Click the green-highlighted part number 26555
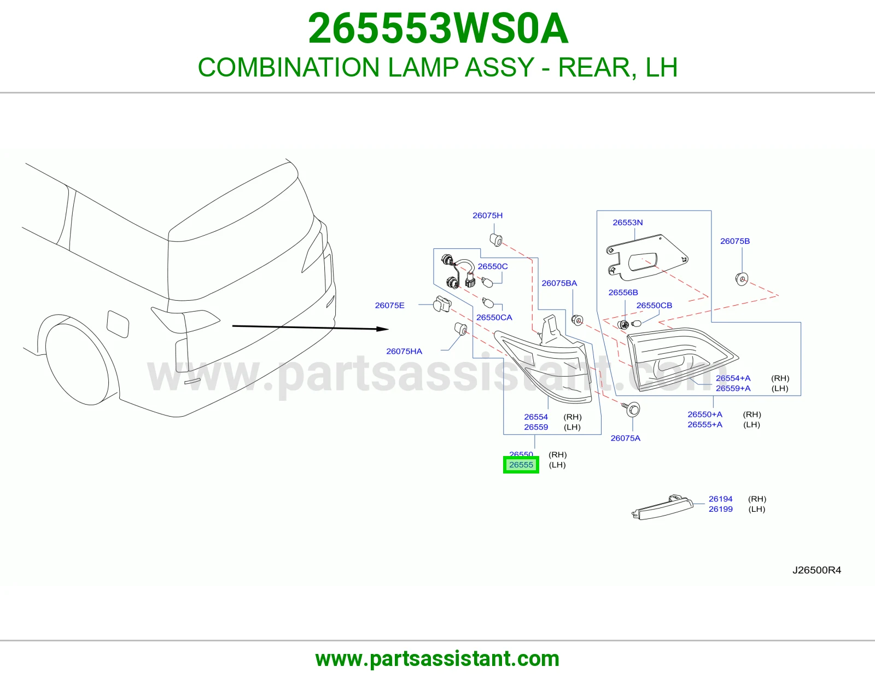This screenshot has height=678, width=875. coord(521,465)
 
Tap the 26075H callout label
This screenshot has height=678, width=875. coord(487,215)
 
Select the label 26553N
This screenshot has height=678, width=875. coord(627,222)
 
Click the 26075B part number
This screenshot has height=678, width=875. coord(735,241)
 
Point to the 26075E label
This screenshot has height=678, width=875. coord(389,305)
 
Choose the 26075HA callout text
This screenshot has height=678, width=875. coord(404,351)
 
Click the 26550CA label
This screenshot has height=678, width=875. coord(494,317)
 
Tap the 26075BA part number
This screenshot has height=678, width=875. coord(559,283)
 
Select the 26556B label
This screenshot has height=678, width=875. coord(623,293)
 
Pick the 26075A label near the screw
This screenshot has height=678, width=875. coord(625,438)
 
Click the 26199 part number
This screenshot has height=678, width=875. coord(720,509)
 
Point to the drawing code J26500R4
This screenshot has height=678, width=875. coord(816,570)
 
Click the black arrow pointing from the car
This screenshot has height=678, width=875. coord(311,328)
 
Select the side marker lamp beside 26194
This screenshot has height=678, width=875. coord(662,507)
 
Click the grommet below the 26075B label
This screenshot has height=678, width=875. coord(742,279)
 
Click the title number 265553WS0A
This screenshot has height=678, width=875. coord(437,28)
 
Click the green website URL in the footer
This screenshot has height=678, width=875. coord(437,659)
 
